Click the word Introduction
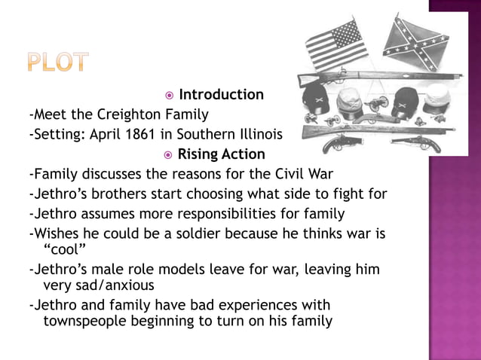(221, 95)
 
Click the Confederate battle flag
(416, 44)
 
